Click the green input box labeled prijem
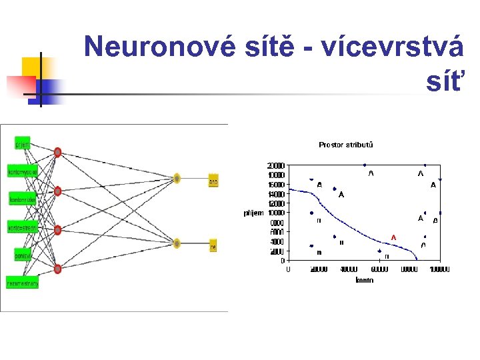(23, 144)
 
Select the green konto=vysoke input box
(23, 172)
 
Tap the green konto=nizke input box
(23, 199)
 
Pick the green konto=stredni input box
(23, 228)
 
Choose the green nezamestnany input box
(23, 283)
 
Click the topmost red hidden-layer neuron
(58, 153)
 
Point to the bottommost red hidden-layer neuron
(58, 269)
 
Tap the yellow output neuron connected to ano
(177, 178)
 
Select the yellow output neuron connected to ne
(177, 243)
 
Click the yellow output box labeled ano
(213, 181)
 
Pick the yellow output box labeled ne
(213, 247)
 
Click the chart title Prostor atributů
(346, 145)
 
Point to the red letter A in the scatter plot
(394, 237)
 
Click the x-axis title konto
(364, 281)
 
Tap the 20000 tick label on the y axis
(276, 165)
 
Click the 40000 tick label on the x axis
(349, 270)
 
